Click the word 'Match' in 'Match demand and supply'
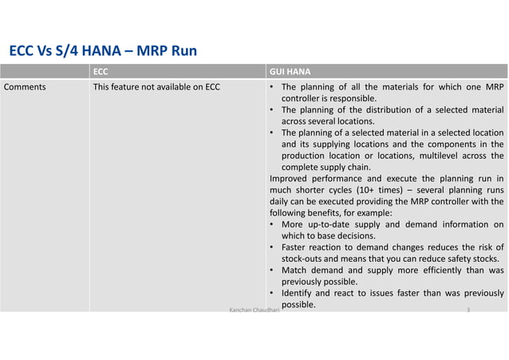tap(295, 271)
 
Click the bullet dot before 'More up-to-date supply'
tap(273, 224)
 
